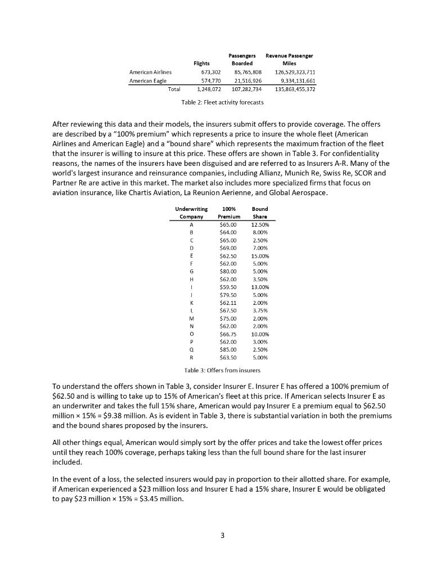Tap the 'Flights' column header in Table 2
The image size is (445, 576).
point(201,64)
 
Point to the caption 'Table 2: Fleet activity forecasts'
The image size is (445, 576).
point(222,102)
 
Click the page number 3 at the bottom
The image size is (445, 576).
point(222,535)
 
